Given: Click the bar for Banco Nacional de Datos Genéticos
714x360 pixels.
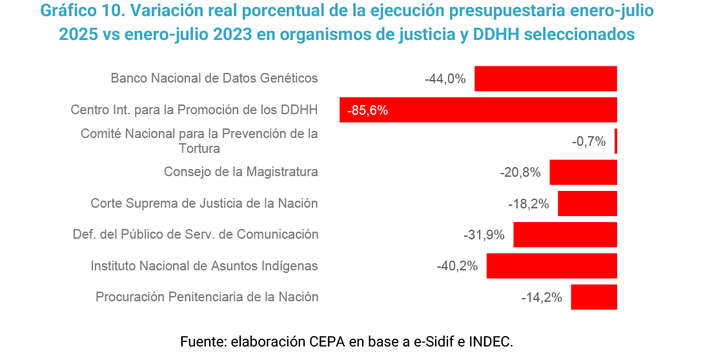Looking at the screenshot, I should click(546, 78).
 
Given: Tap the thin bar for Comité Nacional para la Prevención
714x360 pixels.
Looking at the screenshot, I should click(616, 141).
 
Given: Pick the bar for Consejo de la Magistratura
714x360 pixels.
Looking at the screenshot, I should click(583, 172).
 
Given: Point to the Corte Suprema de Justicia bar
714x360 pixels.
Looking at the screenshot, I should click(587, 204).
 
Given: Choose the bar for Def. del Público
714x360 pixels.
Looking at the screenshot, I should click(565, 234).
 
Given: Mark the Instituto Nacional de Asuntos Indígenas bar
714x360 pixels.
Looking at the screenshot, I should click(552, 266).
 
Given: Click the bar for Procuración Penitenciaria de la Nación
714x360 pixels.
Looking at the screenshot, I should click(594, 297).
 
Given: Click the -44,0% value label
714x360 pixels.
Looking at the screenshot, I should click(445, 79).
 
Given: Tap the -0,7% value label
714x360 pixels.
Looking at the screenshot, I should click(589, 141).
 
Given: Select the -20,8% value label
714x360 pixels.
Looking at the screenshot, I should click(520, 173).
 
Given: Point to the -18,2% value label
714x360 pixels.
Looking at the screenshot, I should click(528, 204).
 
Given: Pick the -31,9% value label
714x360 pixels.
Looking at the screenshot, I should click(484, 235).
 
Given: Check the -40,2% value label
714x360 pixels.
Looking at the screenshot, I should click(457, 266).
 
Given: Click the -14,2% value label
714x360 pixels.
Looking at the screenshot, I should click(542, 297).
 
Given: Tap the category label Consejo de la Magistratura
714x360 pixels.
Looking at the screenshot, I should click(241, 172).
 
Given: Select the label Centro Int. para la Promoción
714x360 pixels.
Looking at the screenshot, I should click(194, 110).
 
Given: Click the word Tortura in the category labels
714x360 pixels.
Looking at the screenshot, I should click(199, 148).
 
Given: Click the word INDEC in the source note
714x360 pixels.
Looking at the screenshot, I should click(491, 341).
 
